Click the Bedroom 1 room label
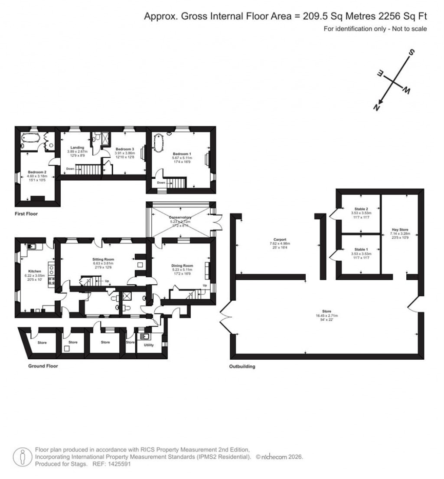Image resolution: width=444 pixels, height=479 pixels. pyautogui.click(x=181, y=154)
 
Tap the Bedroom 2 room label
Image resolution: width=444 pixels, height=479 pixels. pyautogui.click(x=37, y=172)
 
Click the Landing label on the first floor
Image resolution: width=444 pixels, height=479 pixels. pyautogui.click(x=77, y=148)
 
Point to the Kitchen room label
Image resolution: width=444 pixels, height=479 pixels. pyautogui.click(x=35, y=271)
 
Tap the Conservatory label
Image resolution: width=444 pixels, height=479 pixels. pyautogui.click(x=180, y=217)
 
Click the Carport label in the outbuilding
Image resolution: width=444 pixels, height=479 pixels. pyautogui.click(x=280, y=239)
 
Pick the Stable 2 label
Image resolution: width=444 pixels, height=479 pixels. pyautogui.click(x=361, y=209)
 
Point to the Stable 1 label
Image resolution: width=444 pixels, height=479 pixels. pyautogui.click(x=361, y=249)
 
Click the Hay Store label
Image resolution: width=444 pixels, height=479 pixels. pyautogui.click(x=399, y=230)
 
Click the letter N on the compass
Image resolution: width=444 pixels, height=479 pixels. pyautogui.click(x=377, y=108)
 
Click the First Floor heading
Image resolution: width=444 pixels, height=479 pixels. pyautogui.click(x=26, y=214)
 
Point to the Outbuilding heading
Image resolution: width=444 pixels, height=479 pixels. pyautogui.click(x=242, y=367)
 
